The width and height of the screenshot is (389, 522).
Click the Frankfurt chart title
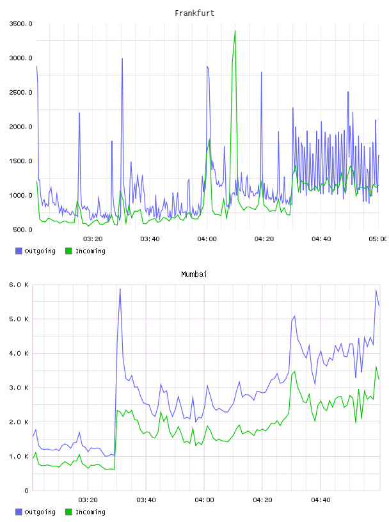tap(194, 13)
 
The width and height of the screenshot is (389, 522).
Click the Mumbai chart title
tap(194, 274)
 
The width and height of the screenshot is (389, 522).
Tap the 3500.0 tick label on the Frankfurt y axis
tap(20, 24)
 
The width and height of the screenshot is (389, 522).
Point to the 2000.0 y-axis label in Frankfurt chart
tap(20, 127)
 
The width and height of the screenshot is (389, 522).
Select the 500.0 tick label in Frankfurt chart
tap(22, 230)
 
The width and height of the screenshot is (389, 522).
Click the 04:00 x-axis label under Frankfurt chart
tap(207, 239)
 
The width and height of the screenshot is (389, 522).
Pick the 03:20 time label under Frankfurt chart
tap(93, 239)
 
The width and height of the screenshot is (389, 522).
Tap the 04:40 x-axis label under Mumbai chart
tap(321, 500)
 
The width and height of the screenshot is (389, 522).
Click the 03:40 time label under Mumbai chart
tap(146, 500)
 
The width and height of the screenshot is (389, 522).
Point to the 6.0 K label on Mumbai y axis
tap(19, 285)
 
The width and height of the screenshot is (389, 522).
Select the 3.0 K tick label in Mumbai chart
tap(19, 388)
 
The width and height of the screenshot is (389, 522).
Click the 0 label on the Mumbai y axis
tap(26, 491)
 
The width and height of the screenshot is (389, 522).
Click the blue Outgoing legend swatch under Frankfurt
tap(19, 251)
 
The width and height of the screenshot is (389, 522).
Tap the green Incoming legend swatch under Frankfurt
tap(68, 251)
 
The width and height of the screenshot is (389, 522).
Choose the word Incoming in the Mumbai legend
tap(90, 512)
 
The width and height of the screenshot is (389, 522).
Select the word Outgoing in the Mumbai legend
tap(40, 512)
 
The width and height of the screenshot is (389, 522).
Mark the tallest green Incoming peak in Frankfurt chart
tap(235, 31)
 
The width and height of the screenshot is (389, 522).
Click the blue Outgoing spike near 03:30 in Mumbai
tap(120, 289)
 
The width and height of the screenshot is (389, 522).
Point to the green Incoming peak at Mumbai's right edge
tap(376, 367)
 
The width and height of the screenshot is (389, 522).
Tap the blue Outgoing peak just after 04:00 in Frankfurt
tap(207, 67)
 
